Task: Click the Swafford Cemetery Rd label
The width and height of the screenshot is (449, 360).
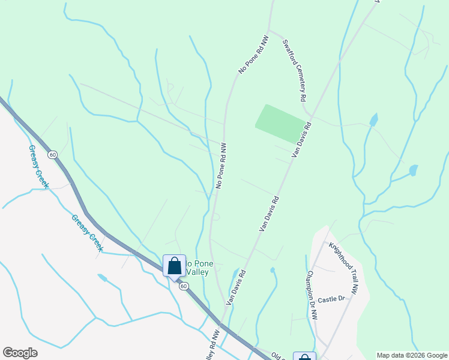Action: pos(295,71)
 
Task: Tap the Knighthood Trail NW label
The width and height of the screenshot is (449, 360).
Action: pos(343,267)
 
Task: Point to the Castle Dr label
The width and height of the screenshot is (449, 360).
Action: pos(332,299)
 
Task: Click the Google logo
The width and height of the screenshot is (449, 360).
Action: pos(20,353)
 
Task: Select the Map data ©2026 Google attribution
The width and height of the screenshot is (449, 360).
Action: pos(412,355)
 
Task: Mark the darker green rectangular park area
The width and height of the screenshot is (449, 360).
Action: pos(280,123)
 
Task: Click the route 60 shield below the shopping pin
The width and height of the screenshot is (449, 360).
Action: pos(184,286)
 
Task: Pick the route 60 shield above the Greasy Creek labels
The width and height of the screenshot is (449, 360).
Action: pos(53,154)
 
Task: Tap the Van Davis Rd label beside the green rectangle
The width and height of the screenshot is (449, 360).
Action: pos(302,140)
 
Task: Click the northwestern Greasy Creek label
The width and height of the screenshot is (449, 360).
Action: pos(38,167)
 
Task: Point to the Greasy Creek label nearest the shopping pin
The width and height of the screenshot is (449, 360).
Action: pos(87,233)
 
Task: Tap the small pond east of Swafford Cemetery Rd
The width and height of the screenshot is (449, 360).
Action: pos(374,120)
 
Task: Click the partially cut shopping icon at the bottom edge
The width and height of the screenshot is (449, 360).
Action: pos(304,356)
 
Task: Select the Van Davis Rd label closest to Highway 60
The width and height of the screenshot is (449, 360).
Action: pos(235,287)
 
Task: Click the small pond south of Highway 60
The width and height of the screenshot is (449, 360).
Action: pos(103,278)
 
